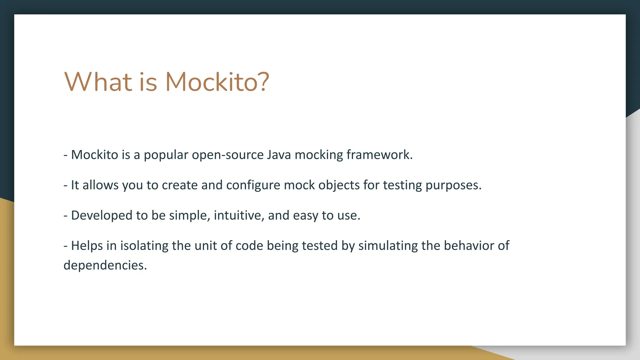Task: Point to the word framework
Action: (x=379, y=155)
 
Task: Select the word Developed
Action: (x=102, y=216)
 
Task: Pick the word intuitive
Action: (x=239, y=216)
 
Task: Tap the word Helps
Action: (x=87, y=246)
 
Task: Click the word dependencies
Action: (x=105, y=266)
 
